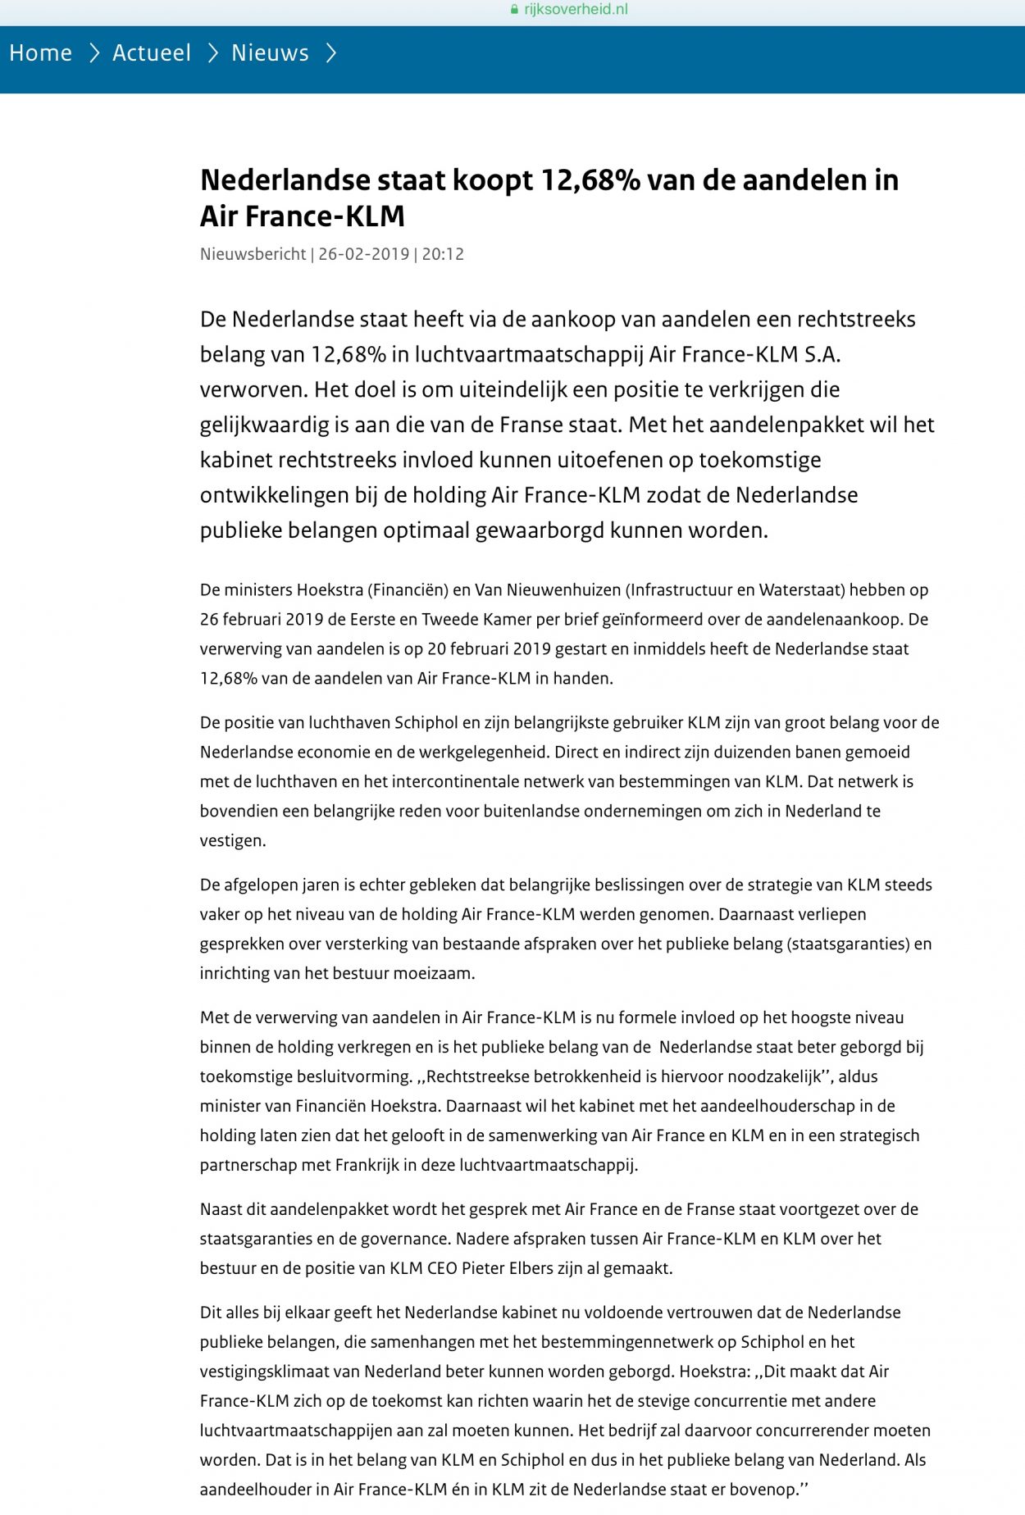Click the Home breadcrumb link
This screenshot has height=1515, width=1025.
point(40,53)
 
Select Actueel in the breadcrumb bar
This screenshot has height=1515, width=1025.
point(152,53)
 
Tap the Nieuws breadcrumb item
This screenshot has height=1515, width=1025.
point(270,53)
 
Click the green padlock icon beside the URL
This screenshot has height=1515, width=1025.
point(514,10)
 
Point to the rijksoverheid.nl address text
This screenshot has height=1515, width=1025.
point(576,10)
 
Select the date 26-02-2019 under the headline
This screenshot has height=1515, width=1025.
point(363,254)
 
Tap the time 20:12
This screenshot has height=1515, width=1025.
point(443,254)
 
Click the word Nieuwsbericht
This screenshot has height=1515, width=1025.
point(253,254)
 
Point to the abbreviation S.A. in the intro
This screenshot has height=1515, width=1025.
point(822,354)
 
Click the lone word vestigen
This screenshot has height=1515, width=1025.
point(232,840)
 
